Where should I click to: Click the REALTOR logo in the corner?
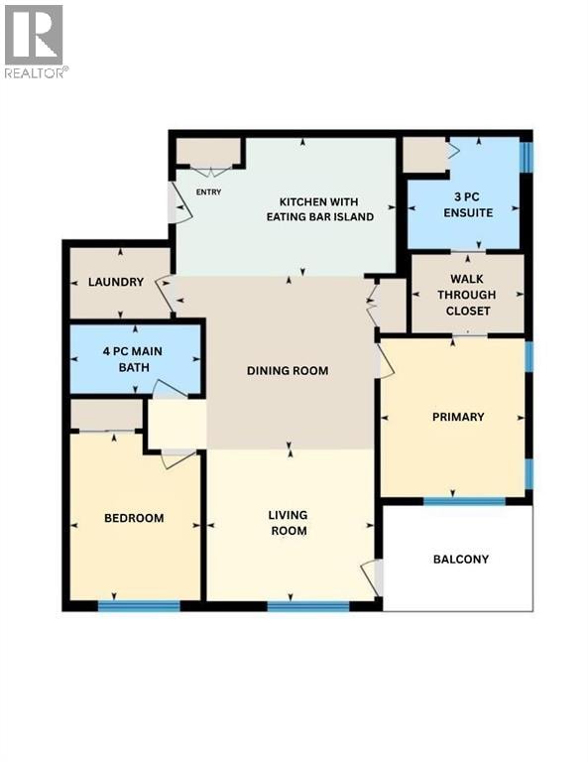click(x=36, y=42)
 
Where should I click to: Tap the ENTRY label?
click(x=208, y=191)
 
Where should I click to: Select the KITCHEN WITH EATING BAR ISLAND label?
click(x=319, y=209)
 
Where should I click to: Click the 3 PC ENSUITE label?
click(x=468, y=204)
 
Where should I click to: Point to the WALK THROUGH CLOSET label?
click(x=467, y=295)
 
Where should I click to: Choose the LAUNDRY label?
click(x=116, y=282)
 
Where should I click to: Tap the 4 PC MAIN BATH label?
click(x=133, y=358)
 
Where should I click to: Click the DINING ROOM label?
click(x=288, y=370)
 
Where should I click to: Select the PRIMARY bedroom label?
click(x=458, y=417)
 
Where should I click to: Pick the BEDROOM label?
click(x=134, y=518)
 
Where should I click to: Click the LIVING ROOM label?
click(x=289, y=523)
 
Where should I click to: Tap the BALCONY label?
click(x=461, y=559)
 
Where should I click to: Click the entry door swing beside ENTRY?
click(x=180, y=203)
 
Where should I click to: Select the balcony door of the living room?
click(x=372, y=577)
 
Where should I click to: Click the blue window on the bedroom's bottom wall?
click(x=139, y=605)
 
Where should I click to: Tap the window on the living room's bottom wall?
click(x=308, y=605)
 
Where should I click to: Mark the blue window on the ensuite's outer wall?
click(x=527, y=157)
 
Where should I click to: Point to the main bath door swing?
click(x=169, y=389)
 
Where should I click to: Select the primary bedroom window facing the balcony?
click(x=464, y=501)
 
